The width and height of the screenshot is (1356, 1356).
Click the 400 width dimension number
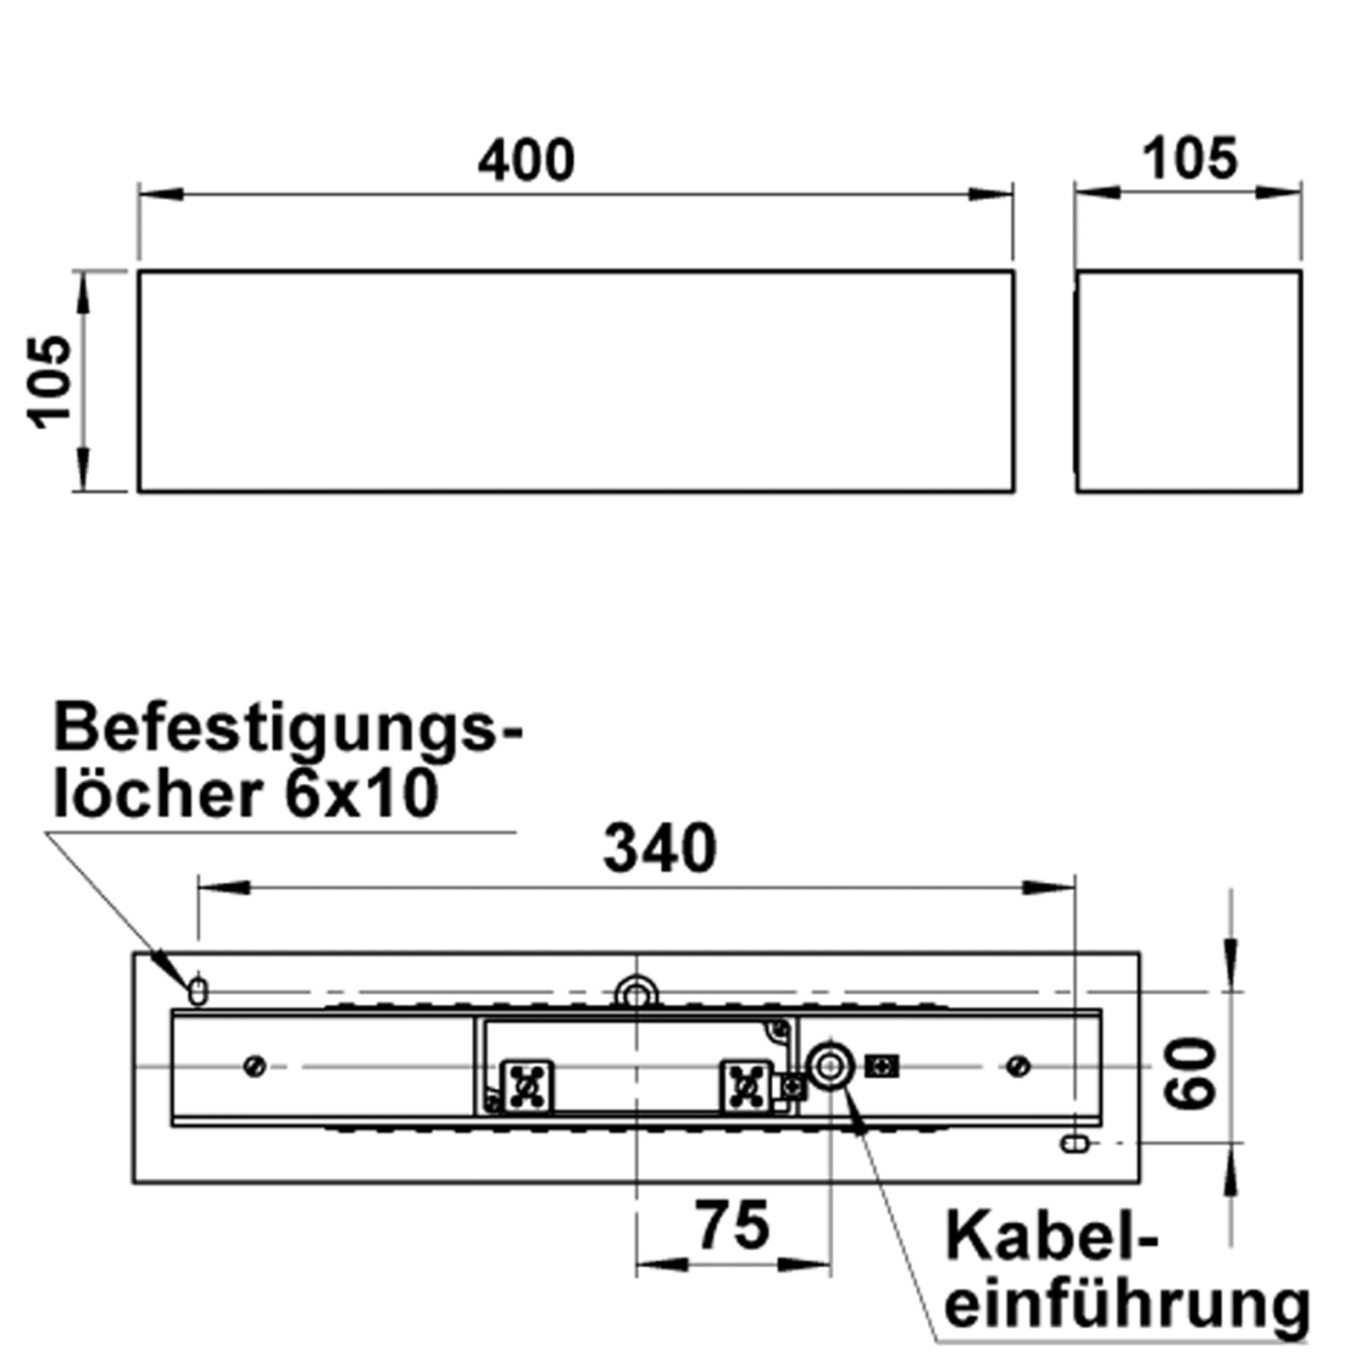[x=526, y=160]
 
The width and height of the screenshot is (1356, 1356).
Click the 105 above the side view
[x=1189, y=158]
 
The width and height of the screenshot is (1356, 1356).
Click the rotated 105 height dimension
[x=49, y=381]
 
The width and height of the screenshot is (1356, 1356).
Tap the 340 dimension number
[x=659, y=849]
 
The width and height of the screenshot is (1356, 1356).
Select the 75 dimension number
[x=732, y=1225]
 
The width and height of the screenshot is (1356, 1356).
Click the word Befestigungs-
[x=288, y=729]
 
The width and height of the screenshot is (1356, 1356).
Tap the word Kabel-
[x=1051, y=1237]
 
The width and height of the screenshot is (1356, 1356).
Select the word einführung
[x=1127, y=1306]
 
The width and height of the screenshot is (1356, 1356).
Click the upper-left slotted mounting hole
[x=197, y=991]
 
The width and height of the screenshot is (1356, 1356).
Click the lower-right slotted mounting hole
[x=1075, y=1144]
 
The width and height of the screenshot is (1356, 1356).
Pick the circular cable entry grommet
[x=829, y=1065]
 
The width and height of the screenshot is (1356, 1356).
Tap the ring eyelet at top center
[x=636, y=991]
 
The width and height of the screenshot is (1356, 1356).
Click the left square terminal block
[x=527, y=1086]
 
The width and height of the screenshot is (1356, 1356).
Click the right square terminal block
[x=746, y=1086]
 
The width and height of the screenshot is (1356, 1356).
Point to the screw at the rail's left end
[x=254, y=1065]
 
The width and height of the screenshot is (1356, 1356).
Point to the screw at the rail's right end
[x=1018, y=1065]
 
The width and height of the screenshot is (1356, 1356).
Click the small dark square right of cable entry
[x=881, y=1066]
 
